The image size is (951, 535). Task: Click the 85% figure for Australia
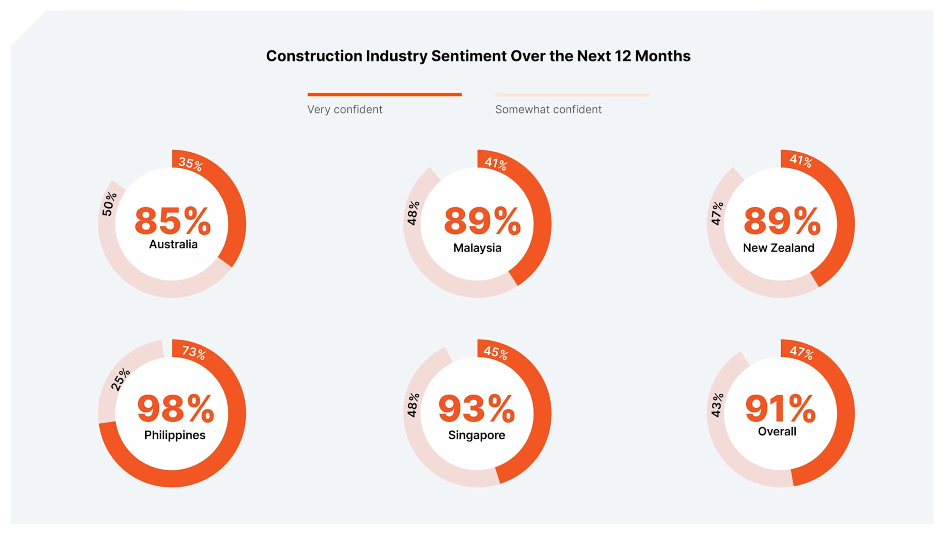pyautogui.click(x=172, y=221)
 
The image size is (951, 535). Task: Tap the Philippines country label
pyautogui.click(x=174, y=435)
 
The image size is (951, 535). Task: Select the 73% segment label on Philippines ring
pyautogui.click(x=194, y=352)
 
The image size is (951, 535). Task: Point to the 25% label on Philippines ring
pyautogui.click(x=121, y=380)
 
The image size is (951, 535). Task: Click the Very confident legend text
pyautogui.click(x=345, y=109)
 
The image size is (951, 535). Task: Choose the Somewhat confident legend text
pyautogui.click(x=548, y=109)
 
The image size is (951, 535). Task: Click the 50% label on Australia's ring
pyautogui.click(x=109, y=204)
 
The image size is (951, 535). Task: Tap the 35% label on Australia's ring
pyautogui.click(x=191, y=164)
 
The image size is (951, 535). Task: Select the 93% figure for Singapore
pyautogui.click(x=477, y=408)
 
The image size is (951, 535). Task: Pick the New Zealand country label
pyautogui.click(x=778, y=248)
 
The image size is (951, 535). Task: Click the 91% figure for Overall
pyautogui.click(x=780, y=408)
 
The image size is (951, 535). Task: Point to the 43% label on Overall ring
pyautogui.click(x=717, y=405)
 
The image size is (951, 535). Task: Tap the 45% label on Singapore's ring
pyautogui.click(x=496, y=352)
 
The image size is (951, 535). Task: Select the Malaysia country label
pyautogui.click(x=477, y=248)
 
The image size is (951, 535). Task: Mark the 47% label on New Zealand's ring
pyautogui.click(x=717, y=213)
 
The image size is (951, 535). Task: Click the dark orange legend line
pyautogui.click(x=384, y=94)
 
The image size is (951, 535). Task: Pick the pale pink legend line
pyautogui.click(x=572, y=94)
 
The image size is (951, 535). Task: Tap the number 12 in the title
pyautogui.click(x=623, y=56)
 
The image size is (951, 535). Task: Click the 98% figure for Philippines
pyautogui.click(x=175, y=408)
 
